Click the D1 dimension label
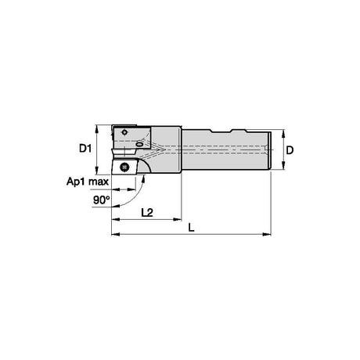(85, 149)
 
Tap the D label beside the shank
(290, 150)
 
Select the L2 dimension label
(147, 213)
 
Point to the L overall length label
(191, 228)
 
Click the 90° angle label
(101, 200)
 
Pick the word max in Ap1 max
(99, 182)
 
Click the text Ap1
(76, 182)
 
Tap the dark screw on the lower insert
(124, 166)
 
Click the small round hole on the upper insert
(125, 132)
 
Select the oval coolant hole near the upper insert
(139, 144)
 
